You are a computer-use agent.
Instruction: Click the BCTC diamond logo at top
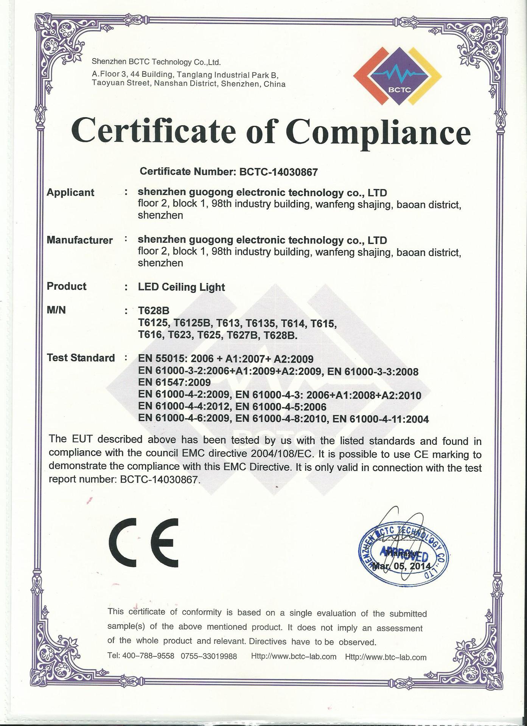click(397, 77)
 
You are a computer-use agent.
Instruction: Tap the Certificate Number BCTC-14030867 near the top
click(279, 172)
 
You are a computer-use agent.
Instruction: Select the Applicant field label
click(70, 192)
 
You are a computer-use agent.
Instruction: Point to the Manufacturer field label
click(79, 240)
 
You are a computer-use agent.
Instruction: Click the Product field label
click(67, 286)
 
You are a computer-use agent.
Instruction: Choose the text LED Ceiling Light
click(182, 287)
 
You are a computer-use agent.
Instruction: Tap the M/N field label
click(56, 310)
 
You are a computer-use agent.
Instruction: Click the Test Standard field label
click(81, 358)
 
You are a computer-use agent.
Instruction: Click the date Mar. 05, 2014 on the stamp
click(402, 566)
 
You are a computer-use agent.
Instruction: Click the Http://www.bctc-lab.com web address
click(294, 656)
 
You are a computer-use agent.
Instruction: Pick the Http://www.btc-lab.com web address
click(386, 657)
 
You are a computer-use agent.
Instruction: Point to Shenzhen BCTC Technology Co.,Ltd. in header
click(156, 62)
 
